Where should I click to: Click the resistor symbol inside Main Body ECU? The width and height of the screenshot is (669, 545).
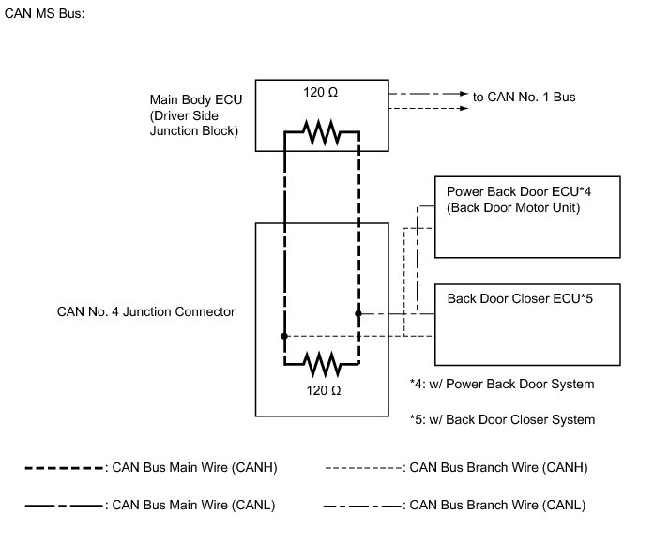click(322, 133)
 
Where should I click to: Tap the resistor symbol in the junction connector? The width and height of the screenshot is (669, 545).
click(322, 360)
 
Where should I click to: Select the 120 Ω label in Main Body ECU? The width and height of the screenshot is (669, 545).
click(322, 95)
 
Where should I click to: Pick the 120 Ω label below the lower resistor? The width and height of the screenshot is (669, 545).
click(322, 388)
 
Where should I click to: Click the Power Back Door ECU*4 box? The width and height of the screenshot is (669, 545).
click(528, 217)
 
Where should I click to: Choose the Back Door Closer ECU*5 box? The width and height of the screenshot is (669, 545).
click(528, 324)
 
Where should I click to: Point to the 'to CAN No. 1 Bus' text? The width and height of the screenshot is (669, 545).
click(525, 96)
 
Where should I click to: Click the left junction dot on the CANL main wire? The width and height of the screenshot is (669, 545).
click(284, 336)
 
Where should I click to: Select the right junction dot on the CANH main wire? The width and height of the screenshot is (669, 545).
click(358, 314)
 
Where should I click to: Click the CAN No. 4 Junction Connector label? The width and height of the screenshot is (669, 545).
click(141, 311)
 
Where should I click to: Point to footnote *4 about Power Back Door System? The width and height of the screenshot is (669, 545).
click(502, 385)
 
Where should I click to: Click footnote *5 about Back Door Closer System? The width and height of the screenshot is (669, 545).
click(502, 419)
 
